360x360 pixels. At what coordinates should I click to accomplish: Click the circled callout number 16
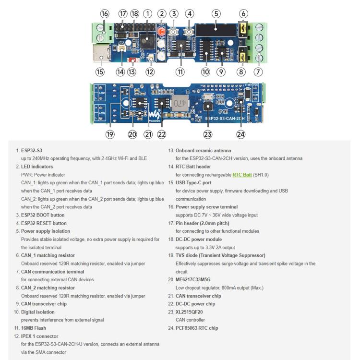105,14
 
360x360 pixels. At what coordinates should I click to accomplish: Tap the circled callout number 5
216,14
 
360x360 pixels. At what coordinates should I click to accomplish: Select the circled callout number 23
208,134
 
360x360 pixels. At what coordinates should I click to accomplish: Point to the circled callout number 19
110,134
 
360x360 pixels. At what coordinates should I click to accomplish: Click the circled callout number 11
180,72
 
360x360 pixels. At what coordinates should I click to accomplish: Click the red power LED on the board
162,31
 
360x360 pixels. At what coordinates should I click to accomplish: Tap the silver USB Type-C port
101,53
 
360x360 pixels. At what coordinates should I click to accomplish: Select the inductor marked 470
180,103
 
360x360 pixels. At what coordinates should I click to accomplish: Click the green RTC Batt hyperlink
242,175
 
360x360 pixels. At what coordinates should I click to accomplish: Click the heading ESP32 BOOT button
43,215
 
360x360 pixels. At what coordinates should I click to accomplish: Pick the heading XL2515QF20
189,312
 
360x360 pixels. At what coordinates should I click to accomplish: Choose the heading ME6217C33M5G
193,280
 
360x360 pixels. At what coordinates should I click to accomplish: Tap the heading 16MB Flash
34,328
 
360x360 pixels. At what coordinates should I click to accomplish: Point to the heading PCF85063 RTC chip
197,328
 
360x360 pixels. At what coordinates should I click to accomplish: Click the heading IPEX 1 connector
39,336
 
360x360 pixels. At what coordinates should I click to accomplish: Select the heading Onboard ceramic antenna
203,151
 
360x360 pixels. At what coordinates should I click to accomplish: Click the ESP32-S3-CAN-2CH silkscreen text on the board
225,119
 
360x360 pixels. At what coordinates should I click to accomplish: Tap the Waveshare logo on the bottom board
155,115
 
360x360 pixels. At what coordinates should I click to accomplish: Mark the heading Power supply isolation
46,231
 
